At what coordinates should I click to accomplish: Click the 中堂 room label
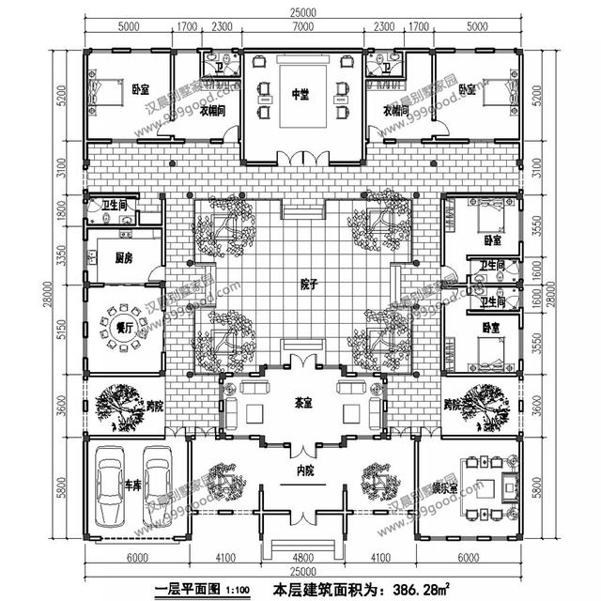pyautogui.click(x=300, y=94)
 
